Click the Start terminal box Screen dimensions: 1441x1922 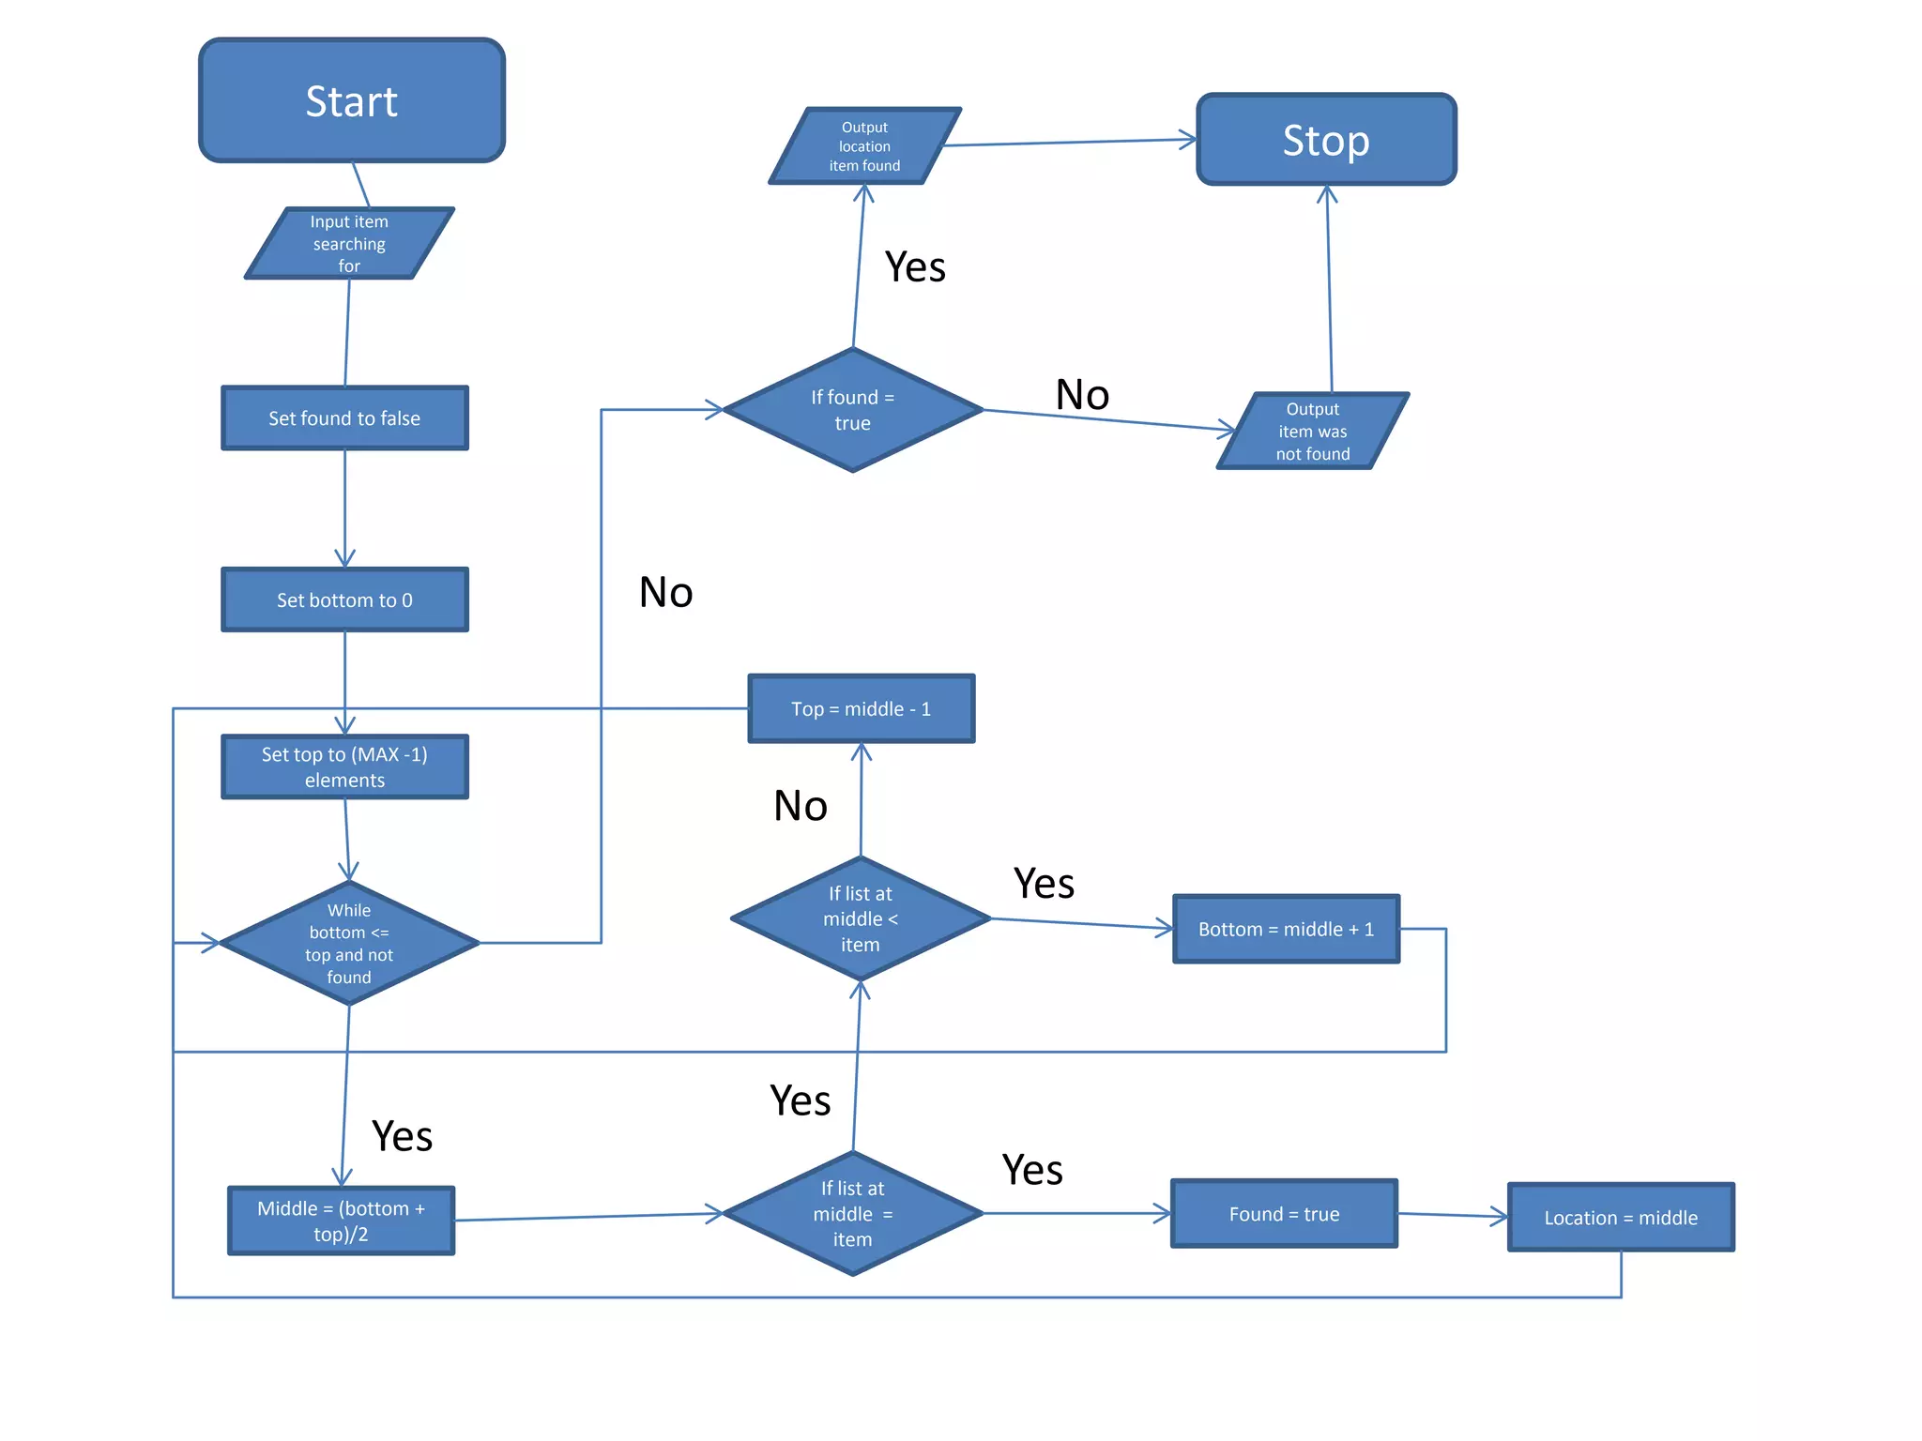[352, 100]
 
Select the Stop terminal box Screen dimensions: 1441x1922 [1326, 140]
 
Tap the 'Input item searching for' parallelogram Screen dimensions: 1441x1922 [349, 243]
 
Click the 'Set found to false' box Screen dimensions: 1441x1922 [344, 418]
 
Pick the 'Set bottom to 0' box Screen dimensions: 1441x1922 [344, 600]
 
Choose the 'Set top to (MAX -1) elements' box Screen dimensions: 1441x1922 [344, 767]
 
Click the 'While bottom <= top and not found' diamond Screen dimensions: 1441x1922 [349, 943]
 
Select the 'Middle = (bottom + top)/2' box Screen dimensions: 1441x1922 [342, 1221]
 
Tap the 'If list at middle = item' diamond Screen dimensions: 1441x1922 [852, 1214]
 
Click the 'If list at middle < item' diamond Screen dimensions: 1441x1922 [861, 919]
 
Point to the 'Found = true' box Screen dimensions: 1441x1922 [1284, 1214]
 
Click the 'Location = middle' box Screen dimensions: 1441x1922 [1621, 1218]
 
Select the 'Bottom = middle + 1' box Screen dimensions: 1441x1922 [1286, 929]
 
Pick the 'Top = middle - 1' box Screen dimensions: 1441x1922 [861, 709]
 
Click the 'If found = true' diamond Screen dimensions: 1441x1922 [852, 410]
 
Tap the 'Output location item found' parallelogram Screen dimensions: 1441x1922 [864, 146]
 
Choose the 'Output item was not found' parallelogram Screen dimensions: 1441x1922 [1312, 432]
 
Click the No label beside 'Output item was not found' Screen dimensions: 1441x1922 [1082, 395]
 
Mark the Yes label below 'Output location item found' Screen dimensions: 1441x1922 [915, 267]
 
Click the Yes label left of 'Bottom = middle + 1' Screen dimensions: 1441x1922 [1044, 884]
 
